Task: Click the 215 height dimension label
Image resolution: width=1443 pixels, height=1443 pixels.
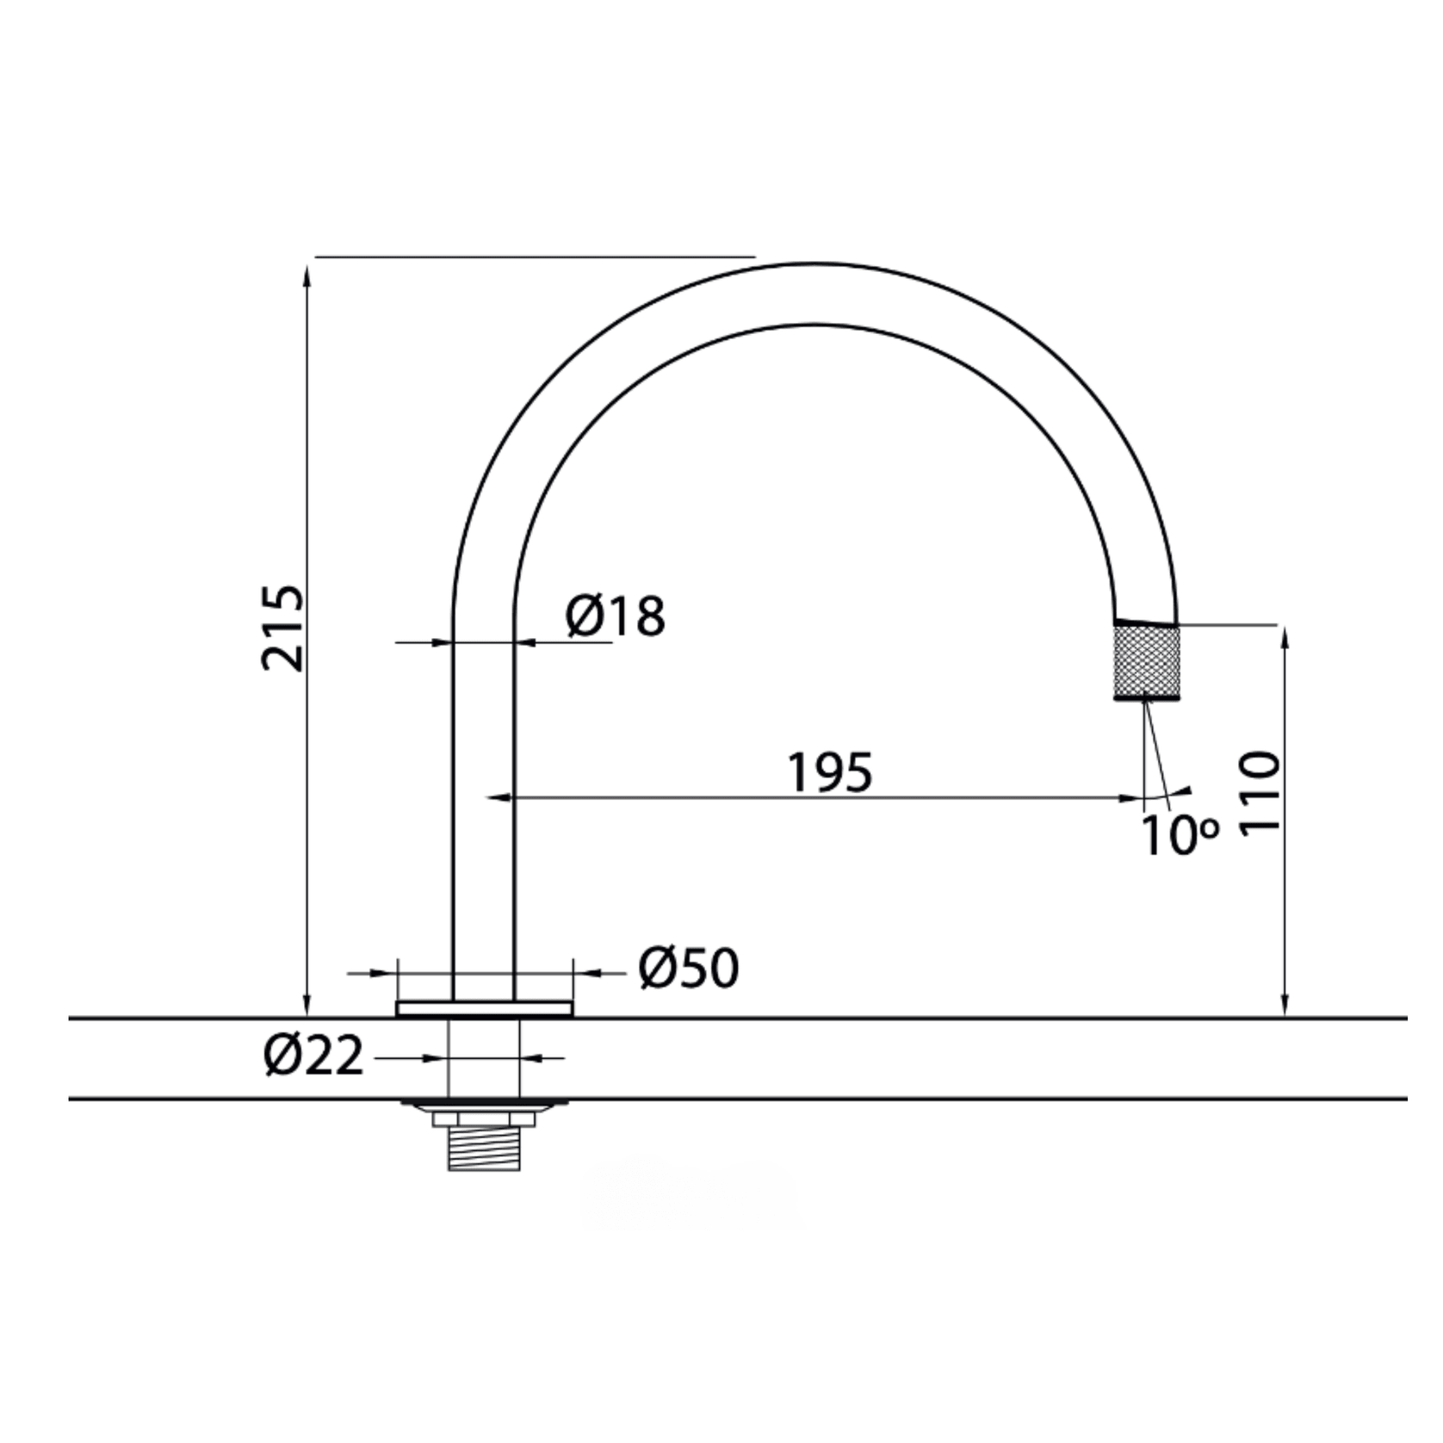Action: [282, 629]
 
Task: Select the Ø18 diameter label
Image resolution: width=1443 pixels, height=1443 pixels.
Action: [616, 616]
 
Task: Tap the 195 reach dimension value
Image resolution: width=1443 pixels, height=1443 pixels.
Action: [830, 772]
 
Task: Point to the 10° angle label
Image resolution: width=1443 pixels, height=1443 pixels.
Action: [1179, 835]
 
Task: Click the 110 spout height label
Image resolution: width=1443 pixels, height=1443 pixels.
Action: [1261, 790]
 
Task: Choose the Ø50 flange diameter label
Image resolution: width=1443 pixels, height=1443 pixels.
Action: [689, 969]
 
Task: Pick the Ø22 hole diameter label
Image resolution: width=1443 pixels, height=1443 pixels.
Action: [314, 1056]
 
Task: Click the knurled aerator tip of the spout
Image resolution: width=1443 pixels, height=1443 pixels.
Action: [1145, 661]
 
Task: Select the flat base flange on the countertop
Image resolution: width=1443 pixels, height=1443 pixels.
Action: [485, 1008]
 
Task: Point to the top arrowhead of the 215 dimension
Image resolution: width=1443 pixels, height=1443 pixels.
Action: [307, 274]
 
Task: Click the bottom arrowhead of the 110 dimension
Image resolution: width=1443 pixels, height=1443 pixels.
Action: [1285, 1007]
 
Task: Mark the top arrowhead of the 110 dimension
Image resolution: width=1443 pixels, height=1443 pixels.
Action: [1285, 637]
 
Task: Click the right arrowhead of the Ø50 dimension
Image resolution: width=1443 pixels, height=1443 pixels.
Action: [585, 973]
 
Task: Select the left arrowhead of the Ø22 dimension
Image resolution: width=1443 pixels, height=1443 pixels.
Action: [438, 1057]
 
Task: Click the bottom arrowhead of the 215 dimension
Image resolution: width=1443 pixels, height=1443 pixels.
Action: [307, 1007]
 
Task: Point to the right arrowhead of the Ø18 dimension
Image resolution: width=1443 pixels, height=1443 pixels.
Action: [525, 641]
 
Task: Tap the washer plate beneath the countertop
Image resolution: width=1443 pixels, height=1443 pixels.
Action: [484, 1104]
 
